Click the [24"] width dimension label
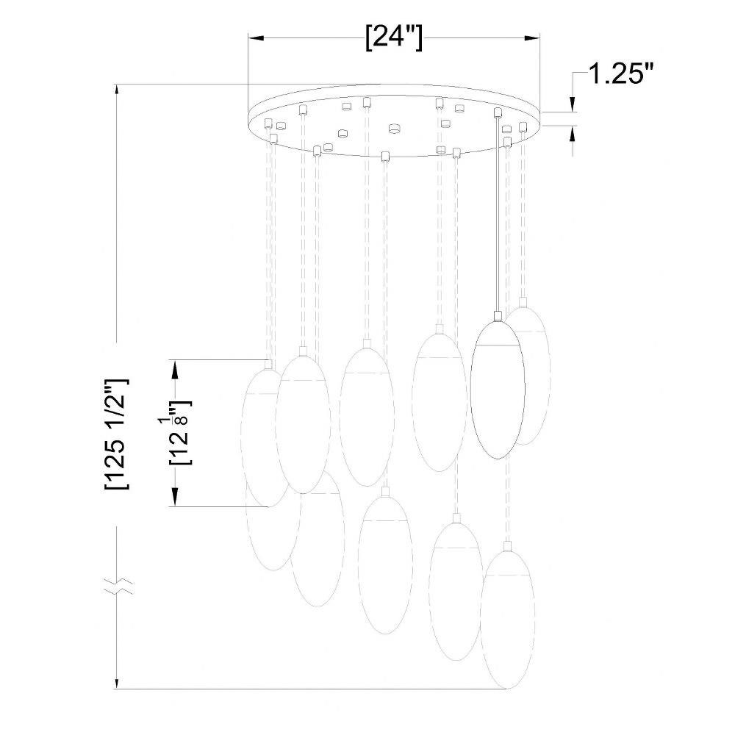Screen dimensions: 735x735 [x=394, y=37]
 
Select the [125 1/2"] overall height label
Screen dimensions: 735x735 [x=116, y=434]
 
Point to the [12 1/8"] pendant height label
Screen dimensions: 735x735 [x=181, y=432]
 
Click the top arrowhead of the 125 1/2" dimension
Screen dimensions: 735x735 [x=116, y=91]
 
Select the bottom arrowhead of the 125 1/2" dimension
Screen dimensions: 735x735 [x=116, y=682]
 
